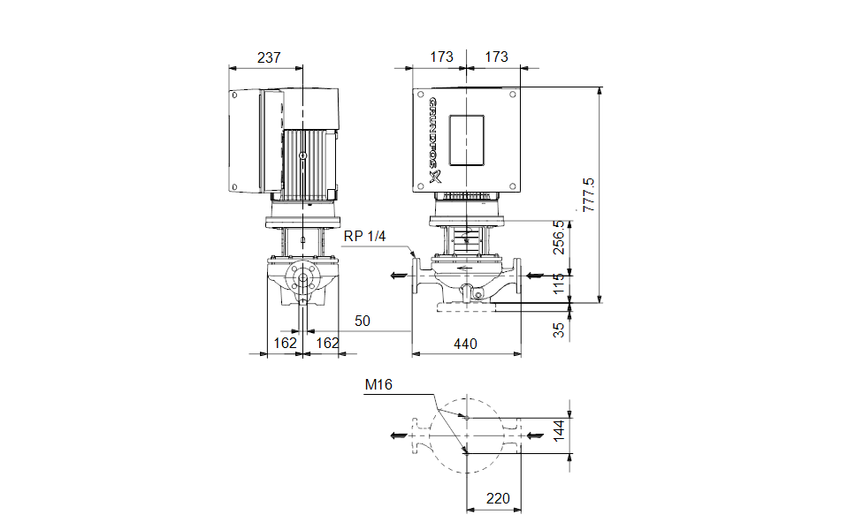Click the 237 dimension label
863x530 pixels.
pos(269,57)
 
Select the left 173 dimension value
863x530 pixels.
pos(441,57)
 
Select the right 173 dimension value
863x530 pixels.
pos(497,57)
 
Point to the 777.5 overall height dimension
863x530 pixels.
pos(590,193)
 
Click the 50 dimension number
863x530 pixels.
pos(363,320)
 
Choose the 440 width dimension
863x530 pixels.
pos(465,344)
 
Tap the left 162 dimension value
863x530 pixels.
pos(285,343)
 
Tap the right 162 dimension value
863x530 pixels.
pos(327,343)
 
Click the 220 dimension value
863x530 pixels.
pos(499,499)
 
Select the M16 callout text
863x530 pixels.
pos(378,384)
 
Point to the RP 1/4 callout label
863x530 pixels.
pos(364,237)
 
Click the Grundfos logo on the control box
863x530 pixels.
pos(433,140)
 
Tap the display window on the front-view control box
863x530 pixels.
pos(466,140)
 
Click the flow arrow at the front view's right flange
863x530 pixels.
pos(535,276)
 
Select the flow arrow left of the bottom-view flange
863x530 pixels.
pos(399,435)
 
